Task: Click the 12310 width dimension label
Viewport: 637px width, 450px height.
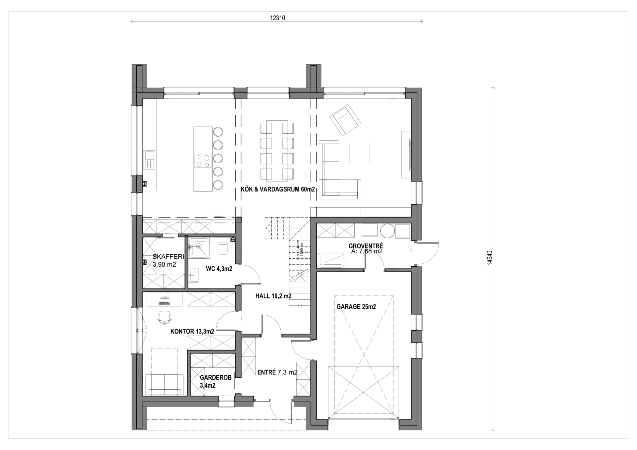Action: pyautogui.click(x=277, y=18)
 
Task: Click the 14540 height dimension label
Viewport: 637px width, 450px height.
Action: pyautogui.click(x=490, y=258)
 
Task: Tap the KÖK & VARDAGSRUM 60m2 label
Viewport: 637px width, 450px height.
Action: pyautogui.click(x=277, y=190)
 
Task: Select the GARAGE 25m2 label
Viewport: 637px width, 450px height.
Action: pyautogui.click(x=356, y=307)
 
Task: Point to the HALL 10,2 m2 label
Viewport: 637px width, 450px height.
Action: pyautogui.click(x=273, y=296)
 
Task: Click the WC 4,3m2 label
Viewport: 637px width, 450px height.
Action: pyautogui.click(x=219, y=269)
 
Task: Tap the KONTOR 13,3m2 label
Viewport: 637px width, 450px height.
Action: pyautogui.click(x=192, y=331)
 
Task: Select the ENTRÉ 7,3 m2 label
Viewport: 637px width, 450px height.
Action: pyautogui.click(x=277, y=372)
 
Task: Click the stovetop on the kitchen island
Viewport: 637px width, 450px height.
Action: pyautogui.click(x=203, y=161)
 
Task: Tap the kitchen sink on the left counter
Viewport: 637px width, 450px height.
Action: pyautogui.click(x=149, y=160)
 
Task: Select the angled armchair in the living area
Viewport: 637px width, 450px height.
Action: pyautogui.click(x=345, y=120)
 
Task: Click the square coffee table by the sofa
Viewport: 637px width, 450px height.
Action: pyautogui.click(x=359, y=153)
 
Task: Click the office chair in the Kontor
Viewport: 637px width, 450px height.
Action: pyautogui.click(x=164, y=318)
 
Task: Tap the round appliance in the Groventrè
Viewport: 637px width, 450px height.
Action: pyautogui.click(x=387, y=231)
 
